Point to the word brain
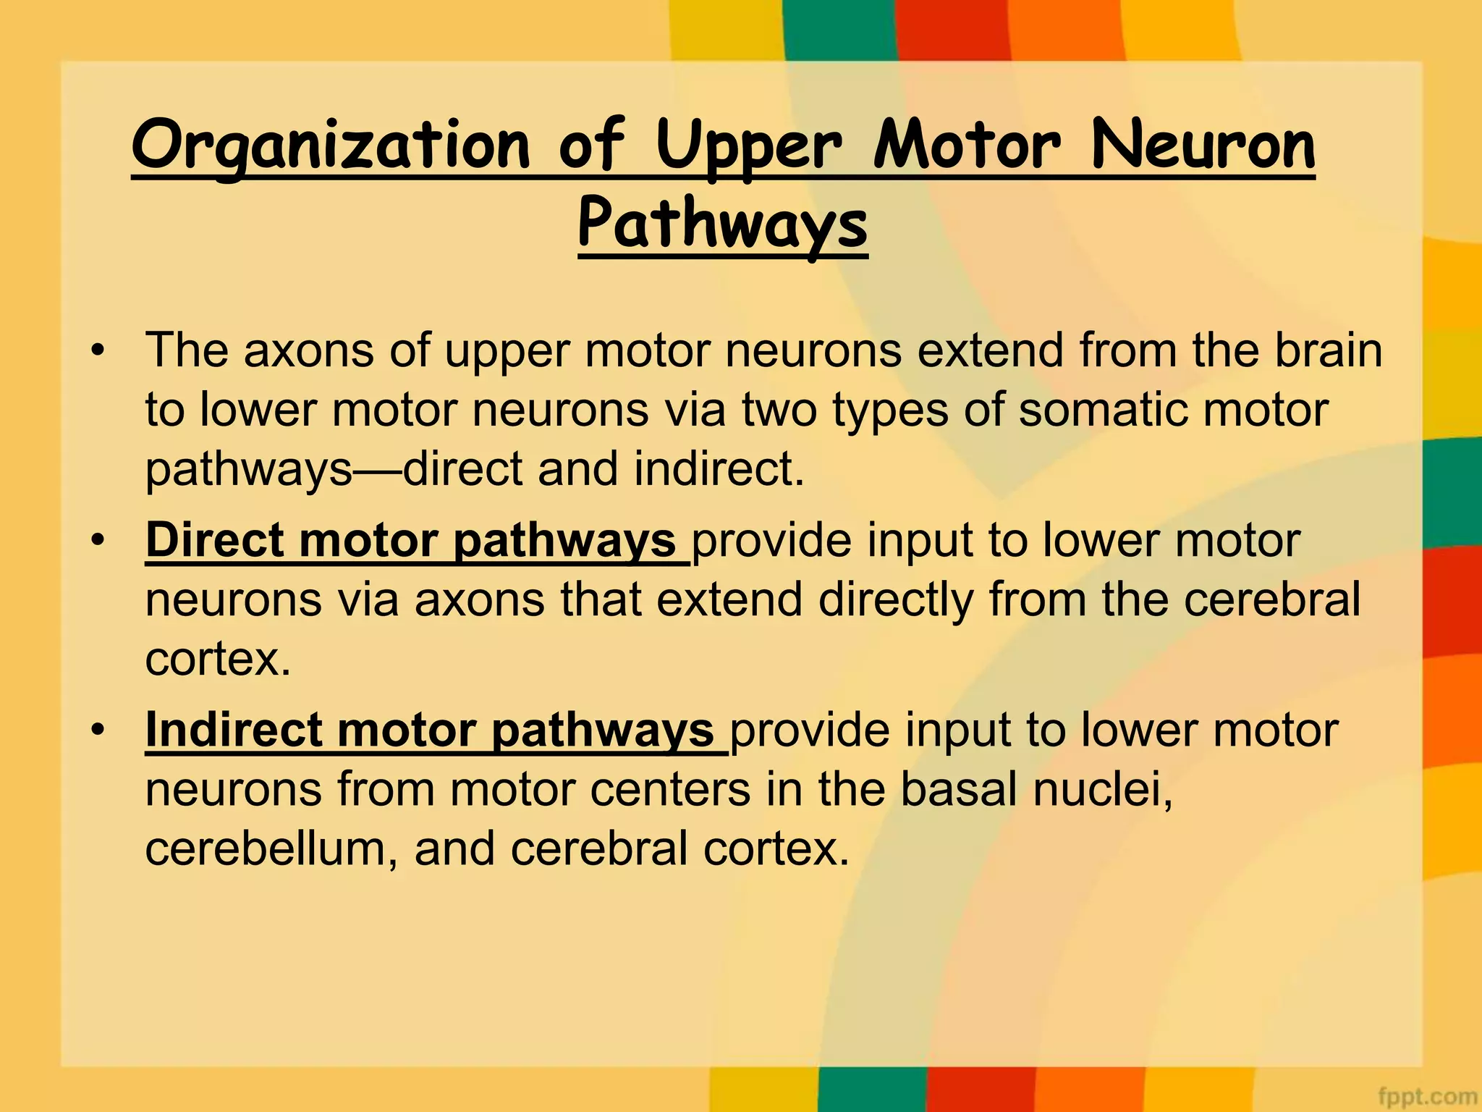click(x=1328, y=350)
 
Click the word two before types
click(x=779, y=410)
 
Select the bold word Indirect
click(x=233, y=730)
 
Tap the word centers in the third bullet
click(x=670, y=789)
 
